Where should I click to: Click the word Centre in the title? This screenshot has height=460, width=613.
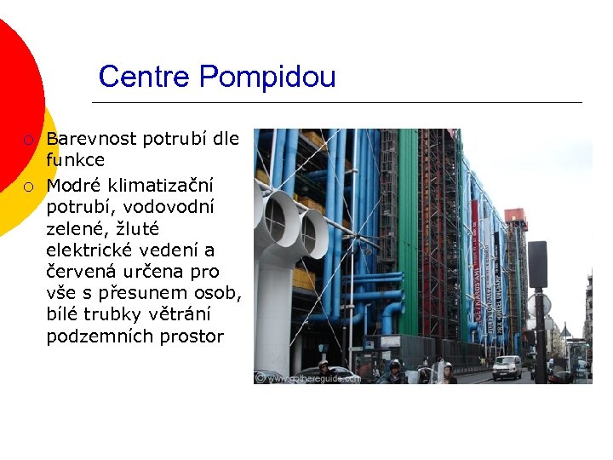click(146, 77)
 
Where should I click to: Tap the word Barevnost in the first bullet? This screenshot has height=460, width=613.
click(92, 138)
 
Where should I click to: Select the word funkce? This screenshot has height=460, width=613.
click(76, 159)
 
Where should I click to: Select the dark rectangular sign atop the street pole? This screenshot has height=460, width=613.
click(537, 264)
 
